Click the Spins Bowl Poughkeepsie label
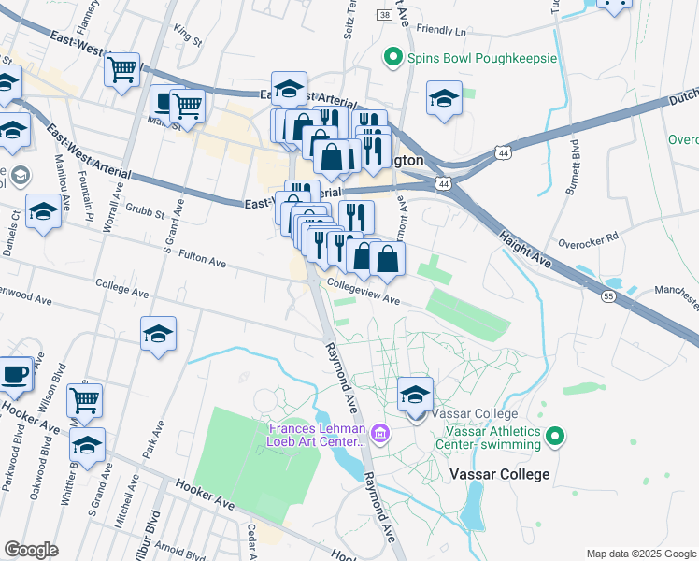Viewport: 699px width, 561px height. click(x=482, y=58)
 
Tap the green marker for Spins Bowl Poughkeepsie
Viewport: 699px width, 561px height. click(x=395, y=58)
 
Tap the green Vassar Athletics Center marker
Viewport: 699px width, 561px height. click(x=555, y=436)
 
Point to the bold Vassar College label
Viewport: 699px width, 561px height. click(x=499, y=474)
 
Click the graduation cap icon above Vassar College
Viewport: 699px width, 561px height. click(x=415, y=396)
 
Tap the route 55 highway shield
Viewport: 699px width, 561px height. click(x=608, y=295)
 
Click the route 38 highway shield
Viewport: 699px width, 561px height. click(x=384, y=16)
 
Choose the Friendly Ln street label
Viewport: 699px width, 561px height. click(x=441, y=31)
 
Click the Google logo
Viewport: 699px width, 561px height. click(x=32, y=550)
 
